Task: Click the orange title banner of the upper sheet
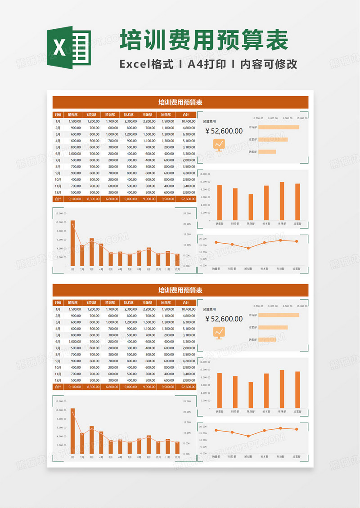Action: [x=180, y=102]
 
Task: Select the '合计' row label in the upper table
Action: [x=58, y=199]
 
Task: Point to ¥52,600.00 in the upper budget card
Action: [x=224, y=131]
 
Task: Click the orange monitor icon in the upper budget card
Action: [x=219, y=145]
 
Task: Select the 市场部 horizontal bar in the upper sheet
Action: [x=279, y=127]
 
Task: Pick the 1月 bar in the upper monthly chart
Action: [x=72, y=243]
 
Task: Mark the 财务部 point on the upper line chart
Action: [x=232, y=245]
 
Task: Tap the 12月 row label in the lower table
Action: [x=58, y=380]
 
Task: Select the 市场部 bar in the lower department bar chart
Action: [x=282, y=389]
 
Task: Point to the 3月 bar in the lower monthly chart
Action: [x=91, y=440]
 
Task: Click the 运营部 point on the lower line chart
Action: [x=297, y=429]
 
